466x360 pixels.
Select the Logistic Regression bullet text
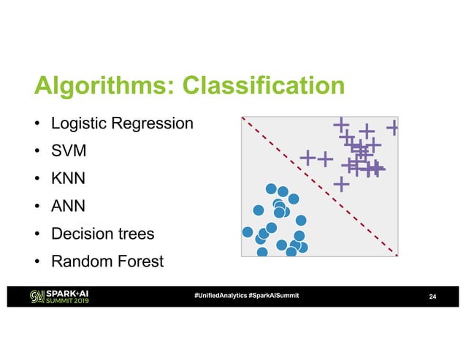121,123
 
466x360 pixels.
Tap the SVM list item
69,151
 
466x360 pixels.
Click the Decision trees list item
102,234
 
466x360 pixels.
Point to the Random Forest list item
107,261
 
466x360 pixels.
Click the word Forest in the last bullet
138,261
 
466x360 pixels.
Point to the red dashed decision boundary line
320,187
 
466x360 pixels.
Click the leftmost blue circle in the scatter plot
248,232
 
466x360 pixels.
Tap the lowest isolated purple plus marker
341,183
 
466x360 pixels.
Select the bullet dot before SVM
35,152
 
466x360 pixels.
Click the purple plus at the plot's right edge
393,127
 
